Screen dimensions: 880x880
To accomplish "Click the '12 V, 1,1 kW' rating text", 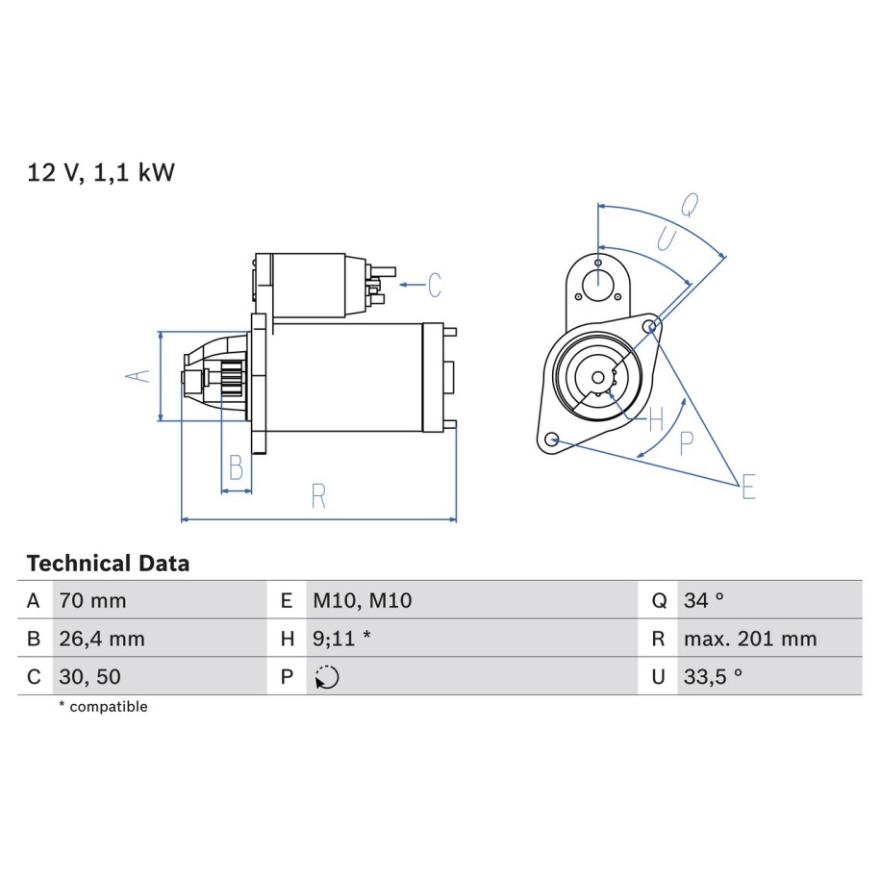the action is point(101,172).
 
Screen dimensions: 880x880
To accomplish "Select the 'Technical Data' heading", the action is point(108,564).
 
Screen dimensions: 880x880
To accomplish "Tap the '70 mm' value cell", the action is point(92,600).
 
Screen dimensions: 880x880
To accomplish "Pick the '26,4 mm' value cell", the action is point(102,639).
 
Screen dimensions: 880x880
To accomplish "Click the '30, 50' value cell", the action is point(89,677).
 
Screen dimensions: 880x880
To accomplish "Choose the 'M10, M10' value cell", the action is point(363,600).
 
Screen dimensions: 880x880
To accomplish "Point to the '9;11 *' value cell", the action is point(341,639).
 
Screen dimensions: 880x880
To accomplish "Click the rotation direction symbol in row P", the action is point(327,677).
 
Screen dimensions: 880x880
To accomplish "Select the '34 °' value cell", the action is point(704,600).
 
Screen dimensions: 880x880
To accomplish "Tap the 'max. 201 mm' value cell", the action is point(750,639).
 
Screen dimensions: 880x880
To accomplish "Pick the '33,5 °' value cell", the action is point(713,677).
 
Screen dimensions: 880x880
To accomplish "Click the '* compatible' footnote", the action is point(103,707).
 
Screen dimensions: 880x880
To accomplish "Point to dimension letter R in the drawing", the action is point(318,496).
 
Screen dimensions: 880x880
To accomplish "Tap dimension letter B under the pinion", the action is point(237,467).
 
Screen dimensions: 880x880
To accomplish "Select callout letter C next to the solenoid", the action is point(435,285).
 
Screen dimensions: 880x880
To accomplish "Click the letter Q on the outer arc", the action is point(691,205).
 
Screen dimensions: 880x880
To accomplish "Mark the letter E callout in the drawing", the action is point(748,487).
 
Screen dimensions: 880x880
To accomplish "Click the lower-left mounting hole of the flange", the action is point(552,439).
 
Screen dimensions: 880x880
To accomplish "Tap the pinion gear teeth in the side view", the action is point(233,379).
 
